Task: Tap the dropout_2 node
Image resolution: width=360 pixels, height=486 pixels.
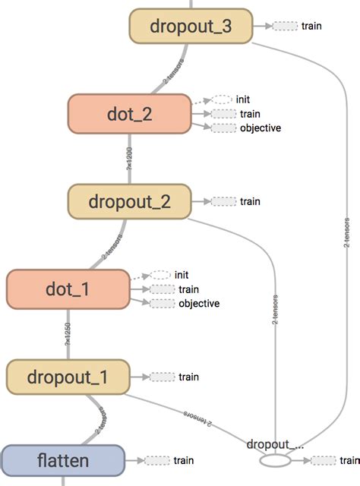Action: pyautogui.click(x=128, y=201)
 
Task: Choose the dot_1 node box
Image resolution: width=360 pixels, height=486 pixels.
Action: pyautogui.click(x=66, y=289)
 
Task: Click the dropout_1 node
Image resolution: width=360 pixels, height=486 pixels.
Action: pyautogui.click(x=66, y=377)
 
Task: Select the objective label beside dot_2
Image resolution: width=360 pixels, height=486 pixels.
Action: pyautogui.click(x=261, y=128)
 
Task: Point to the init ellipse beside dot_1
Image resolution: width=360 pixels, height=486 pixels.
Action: pyautogui.click(x=160, y=275)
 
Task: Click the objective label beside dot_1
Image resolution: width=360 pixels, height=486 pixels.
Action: pyautogui.click(x=199, y=303)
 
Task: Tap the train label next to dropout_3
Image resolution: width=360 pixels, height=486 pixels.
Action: pyautogui.click(x=311, y=26)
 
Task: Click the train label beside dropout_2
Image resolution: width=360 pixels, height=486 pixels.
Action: pyautogui.click(x=250, y=201)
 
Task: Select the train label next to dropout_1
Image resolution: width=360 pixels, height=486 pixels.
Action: pyautogui.click(x=188, y=377)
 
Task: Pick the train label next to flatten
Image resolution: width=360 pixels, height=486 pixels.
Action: pyautogui.click(x=184, y=460)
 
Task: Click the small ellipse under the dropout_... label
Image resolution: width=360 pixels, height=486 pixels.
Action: pyautogui.click(x=274, y=460)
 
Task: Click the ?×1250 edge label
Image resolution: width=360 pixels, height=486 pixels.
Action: pyautogui.click(x=68, y=333)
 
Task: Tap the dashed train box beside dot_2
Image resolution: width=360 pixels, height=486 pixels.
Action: pyautogui.click(x=223, y=114)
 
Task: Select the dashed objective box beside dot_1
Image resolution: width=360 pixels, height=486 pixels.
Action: pyautogui.click(x=161, y=304)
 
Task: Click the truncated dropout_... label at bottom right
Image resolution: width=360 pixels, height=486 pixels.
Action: pyautogui.click(x=275, y=443)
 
